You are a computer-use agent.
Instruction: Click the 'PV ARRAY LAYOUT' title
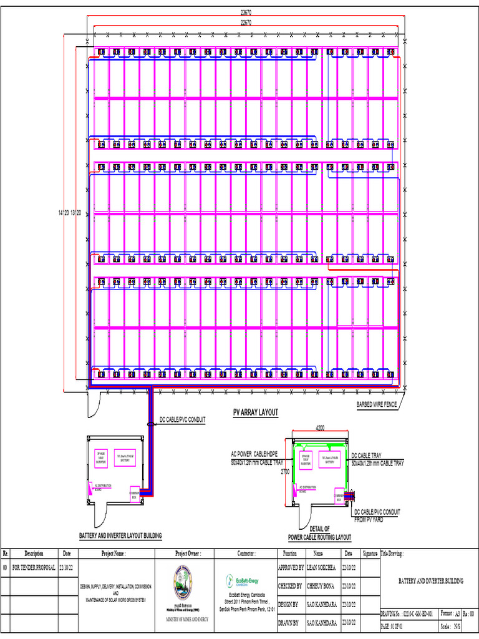click(255, 413)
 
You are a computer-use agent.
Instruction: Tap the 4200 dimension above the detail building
click(320, 428)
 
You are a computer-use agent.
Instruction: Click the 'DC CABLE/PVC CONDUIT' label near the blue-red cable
click(183, 419)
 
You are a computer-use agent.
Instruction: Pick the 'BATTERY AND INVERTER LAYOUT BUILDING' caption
click(120, 535)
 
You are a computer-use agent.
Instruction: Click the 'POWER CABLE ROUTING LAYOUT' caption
click(319, 537)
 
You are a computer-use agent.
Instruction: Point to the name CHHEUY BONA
click(321, 586)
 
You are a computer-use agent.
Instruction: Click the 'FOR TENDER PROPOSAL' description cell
click(34, 568)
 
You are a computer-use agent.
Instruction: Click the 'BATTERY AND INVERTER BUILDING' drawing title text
click(431, 581)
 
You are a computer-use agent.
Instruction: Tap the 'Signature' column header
click(370, 554)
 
